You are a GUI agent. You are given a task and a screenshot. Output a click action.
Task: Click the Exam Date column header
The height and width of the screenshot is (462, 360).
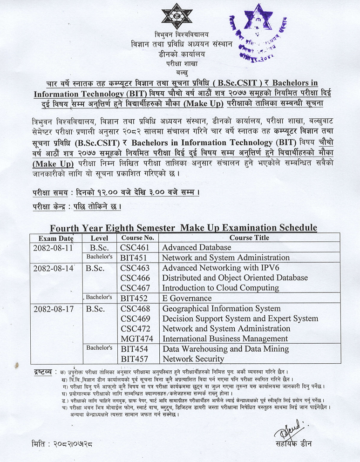(54, 238)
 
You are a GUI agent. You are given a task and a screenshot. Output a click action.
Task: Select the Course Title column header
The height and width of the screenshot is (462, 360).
(249, 238)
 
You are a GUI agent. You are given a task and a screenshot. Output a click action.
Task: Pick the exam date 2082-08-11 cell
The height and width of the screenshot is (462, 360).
(53, 247)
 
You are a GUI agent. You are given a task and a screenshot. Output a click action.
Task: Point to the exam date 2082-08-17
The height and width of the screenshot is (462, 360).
(53, 308)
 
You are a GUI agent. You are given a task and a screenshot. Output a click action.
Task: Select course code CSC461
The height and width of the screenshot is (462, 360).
(135, 247)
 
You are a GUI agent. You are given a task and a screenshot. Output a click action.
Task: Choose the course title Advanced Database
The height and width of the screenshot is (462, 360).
(197, 247)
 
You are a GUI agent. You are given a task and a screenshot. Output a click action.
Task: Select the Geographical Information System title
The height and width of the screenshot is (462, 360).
(221, 308)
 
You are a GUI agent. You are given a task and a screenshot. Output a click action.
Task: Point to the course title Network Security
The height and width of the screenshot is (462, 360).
(193, 359)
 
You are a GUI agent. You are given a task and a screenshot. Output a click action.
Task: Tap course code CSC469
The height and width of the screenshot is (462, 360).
(135, 319)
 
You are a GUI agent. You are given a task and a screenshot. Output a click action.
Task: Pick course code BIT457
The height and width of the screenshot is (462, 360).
(134, 359)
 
